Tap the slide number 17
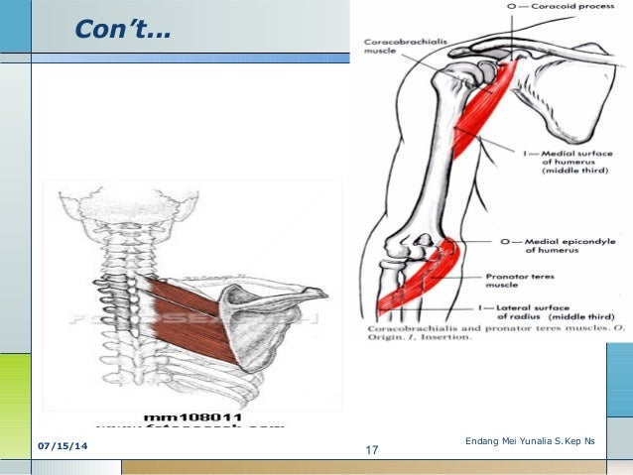tap(372, 451)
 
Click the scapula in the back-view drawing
tap(260, 317)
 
